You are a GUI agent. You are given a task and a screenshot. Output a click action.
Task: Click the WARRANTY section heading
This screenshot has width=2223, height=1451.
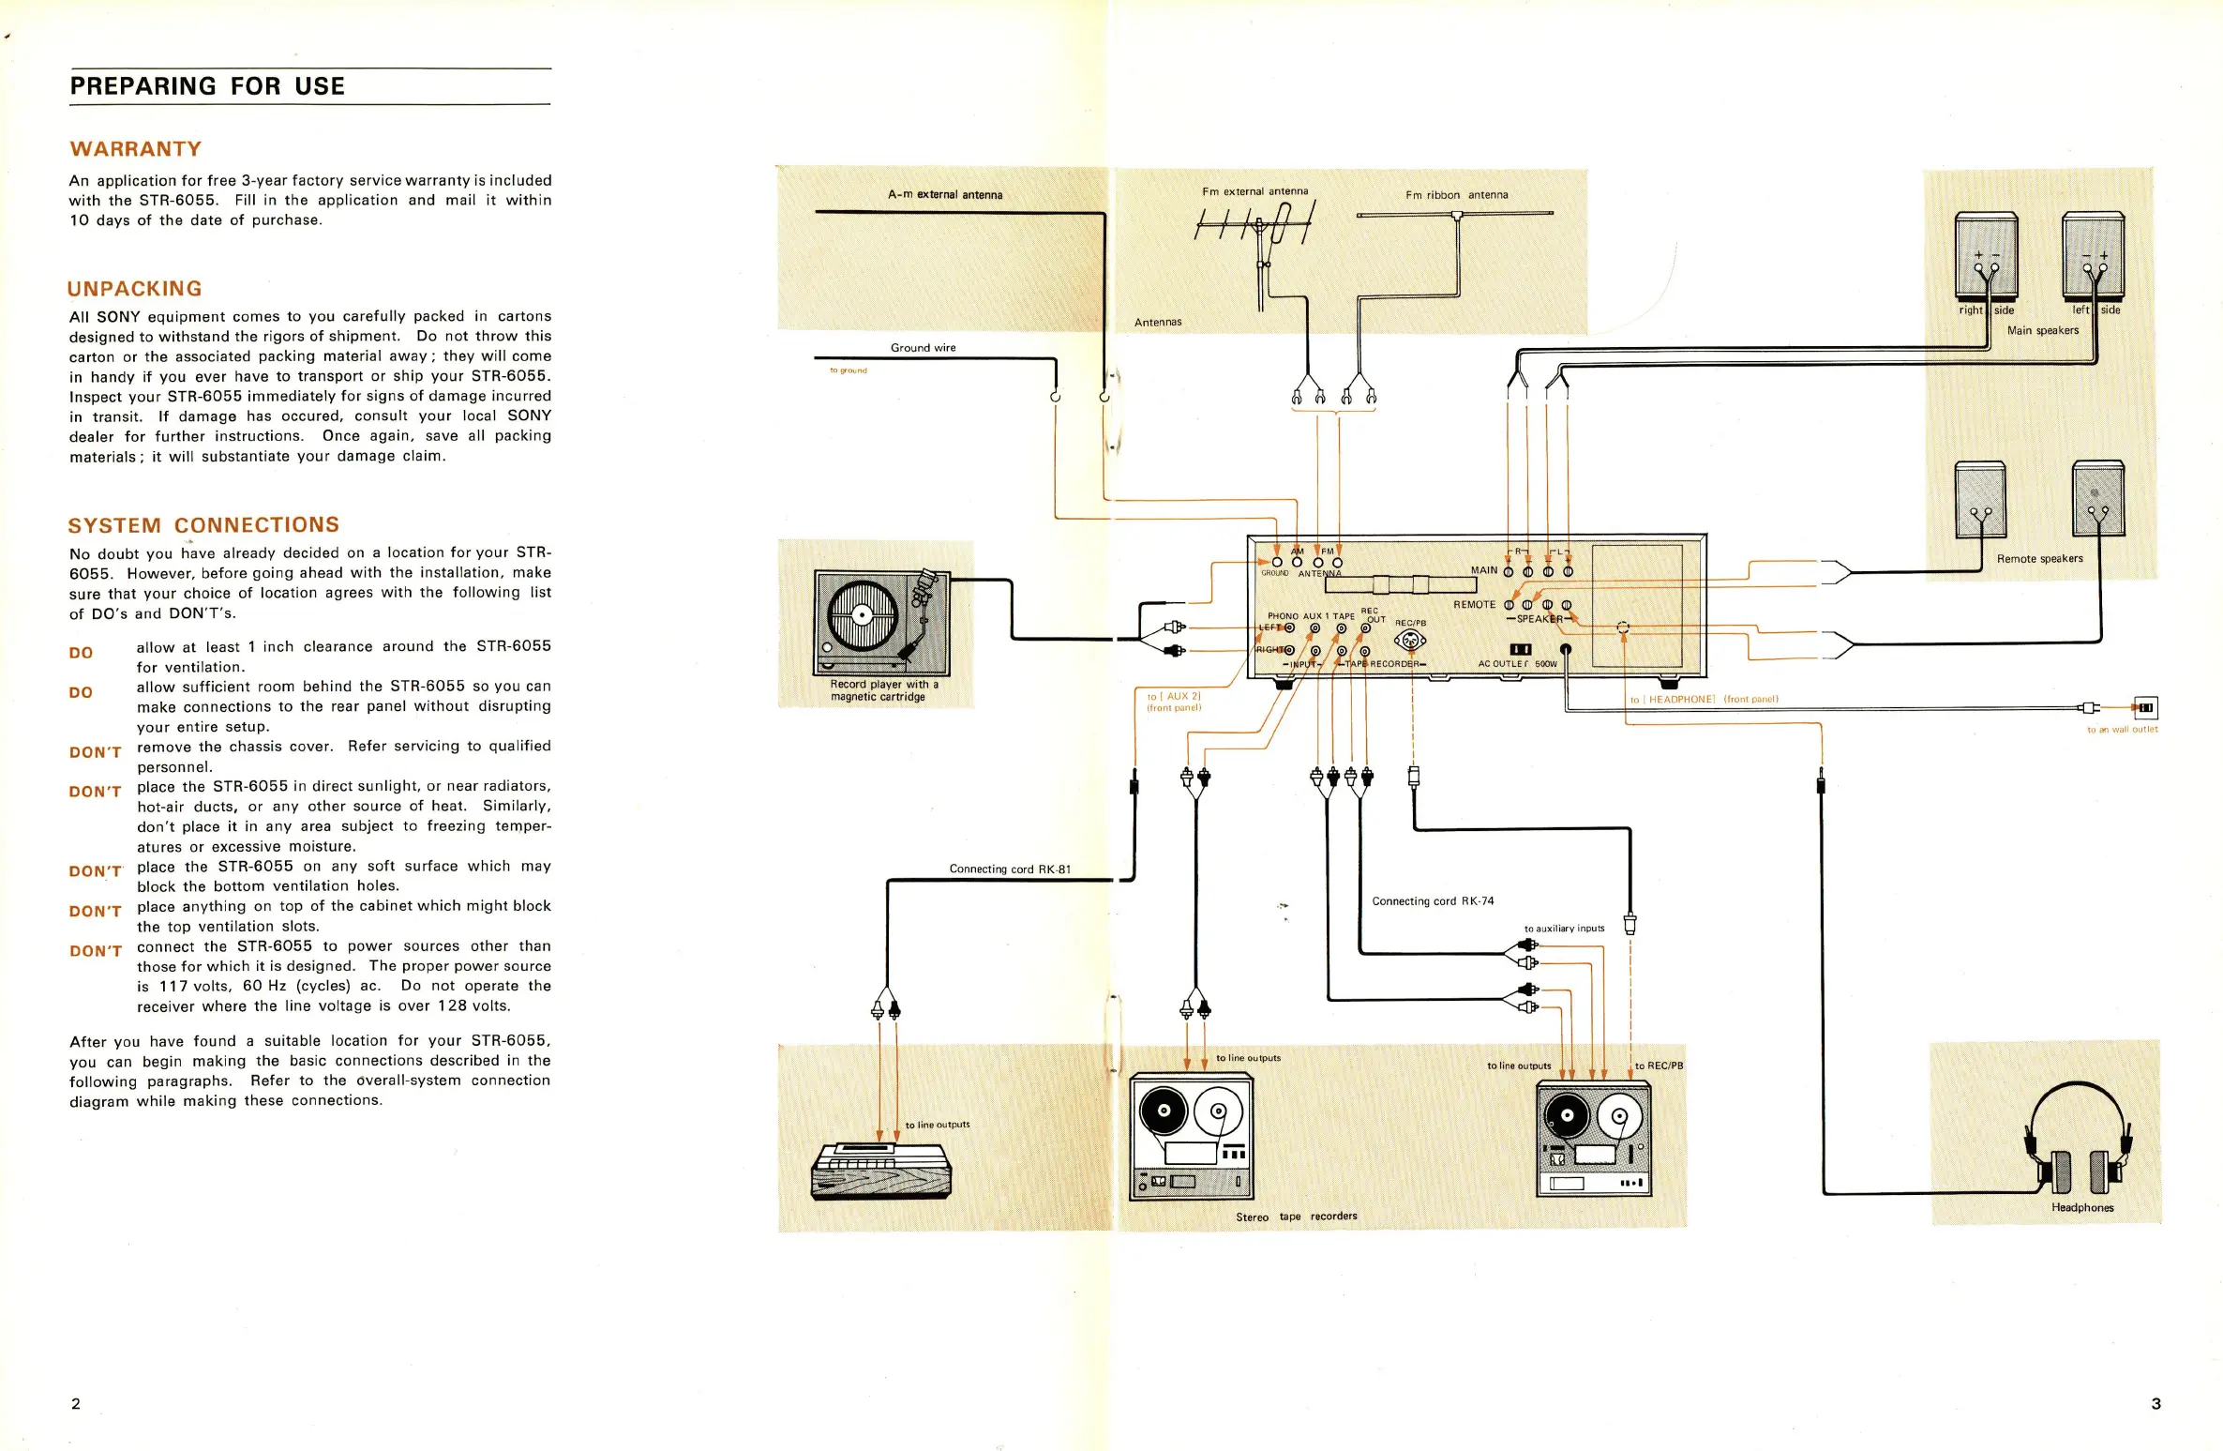pyautogui.click(x=135, y=149)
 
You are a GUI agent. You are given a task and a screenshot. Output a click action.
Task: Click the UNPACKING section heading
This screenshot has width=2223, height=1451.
pyautogui.click(x=135, y=289)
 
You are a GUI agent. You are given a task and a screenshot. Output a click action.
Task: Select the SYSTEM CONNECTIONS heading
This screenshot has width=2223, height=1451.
pyautogui.click(x=203, y=525)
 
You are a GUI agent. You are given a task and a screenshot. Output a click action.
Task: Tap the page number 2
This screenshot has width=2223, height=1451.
pyautogui.click(x=76, y=1403)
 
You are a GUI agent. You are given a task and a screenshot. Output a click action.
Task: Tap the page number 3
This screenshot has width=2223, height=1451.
pyautogui.click(x=2155, y=1403)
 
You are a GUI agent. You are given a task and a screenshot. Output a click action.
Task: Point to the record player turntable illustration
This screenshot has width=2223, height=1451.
pyautogui.click(x=880, y=622)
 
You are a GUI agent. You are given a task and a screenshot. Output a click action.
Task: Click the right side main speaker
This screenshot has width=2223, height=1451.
pyautogui.click(x=1986, y=256)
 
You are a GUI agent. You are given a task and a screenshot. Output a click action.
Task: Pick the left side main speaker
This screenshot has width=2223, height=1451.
pyautogui.click(x=2093, y=256)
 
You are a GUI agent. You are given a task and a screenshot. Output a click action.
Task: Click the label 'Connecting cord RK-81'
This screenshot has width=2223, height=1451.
pyautogui.click(x=1010, y=869)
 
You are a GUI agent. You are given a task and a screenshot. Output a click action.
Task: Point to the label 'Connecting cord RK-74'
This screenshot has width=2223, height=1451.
pyautogui.click(x=1433, y=901)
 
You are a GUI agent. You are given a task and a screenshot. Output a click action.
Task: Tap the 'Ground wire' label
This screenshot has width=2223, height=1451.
pyautogui.click(x=923, y=348)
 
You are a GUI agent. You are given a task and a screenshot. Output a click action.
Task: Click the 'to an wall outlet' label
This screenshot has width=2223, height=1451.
pyautogui.click(x=2122, y=730)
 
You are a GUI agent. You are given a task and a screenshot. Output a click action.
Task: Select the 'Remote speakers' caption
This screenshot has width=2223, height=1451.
pyautogui.click(x=2039, y=559)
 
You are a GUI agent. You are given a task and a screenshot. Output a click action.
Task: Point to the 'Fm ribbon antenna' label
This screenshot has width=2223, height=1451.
pyautogui.click(x=1456, y=195)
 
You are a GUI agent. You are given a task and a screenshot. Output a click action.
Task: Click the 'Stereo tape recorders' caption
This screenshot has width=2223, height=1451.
pyautogui.click(x=1296, y=1217)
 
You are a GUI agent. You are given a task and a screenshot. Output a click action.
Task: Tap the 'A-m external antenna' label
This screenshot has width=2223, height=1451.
pyautogui.click(x=945, y=195)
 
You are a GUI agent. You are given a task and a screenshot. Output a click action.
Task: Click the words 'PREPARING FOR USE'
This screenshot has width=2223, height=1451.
pyautogui.click(x=207, y=86)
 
